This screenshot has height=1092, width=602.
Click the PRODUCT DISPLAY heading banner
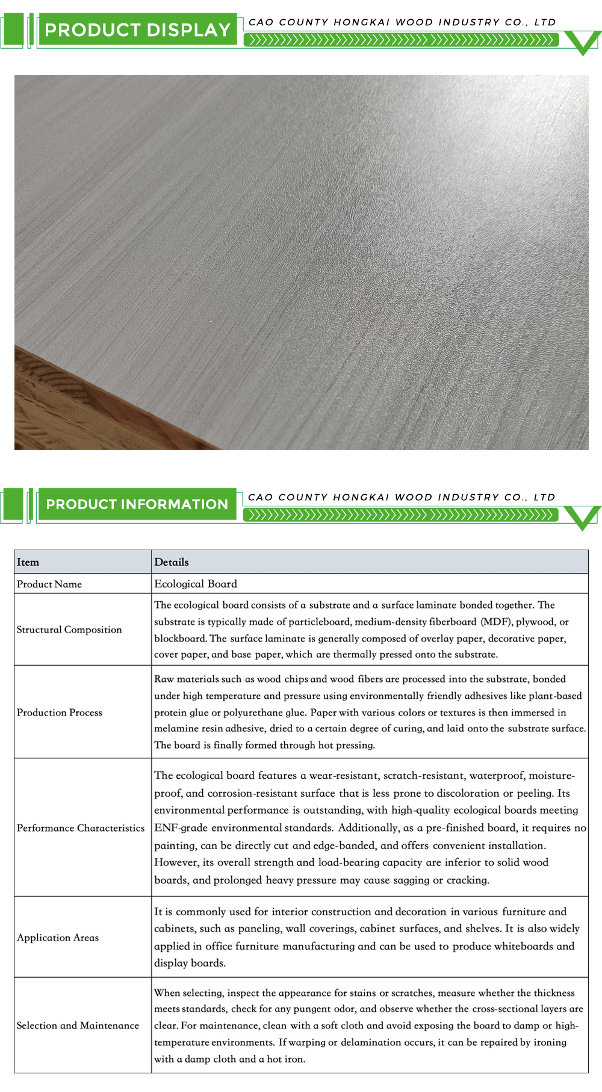tap(137, 30)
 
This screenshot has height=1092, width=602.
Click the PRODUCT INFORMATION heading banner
tap(137, 505)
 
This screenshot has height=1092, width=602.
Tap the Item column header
tap(28, 562)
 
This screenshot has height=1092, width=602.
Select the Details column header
tap(172, 562)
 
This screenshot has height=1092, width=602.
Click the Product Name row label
tap(49, 584)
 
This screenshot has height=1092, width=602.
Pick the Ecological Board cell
tap(196, 584)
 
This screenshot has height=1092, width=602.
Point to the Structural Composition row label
tap(69, 630)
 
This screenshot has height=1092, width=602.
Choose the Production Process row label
tap(60, 713)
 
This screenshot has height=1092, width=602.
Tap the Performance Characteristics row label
tap(81, 828)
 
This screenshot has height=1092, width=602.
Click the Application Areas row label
tap(58, 937)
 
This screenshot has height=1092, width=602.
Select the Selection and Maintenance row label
tap(78, 1025)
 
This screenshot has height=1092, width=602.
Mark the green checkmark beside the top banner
tap(583, 43)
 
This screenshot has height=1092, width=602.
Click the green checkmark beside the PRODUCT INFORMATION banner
tap(583, 518)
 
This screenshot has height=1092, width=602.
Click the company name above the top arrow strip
tap(402, 22)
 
